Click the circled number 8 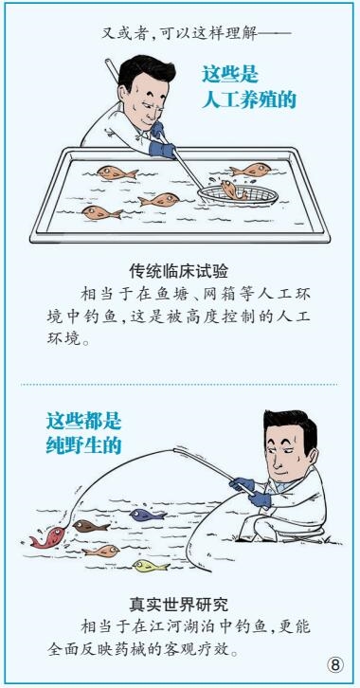tap(335, 664)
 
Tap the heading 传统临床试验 tap(178, 272)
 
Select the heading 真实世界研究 tap(178, 606)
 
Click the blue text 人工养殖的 tap(249, 100)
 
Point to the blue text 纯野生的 tap(83, 445)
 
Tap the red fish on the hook tap(47, 537)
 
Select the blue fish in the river tap(148, 515)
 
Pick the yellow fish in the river tap(151, 566)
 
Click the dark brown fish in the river tap(91, 526)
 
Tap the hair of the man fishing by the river tap(292, 426)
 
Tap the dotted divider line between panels tap(179, 385)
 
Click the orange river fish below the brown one tap(100, 551)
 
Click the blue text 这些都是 tap(83, 422)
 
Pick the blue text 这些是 tap(230, 74)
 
